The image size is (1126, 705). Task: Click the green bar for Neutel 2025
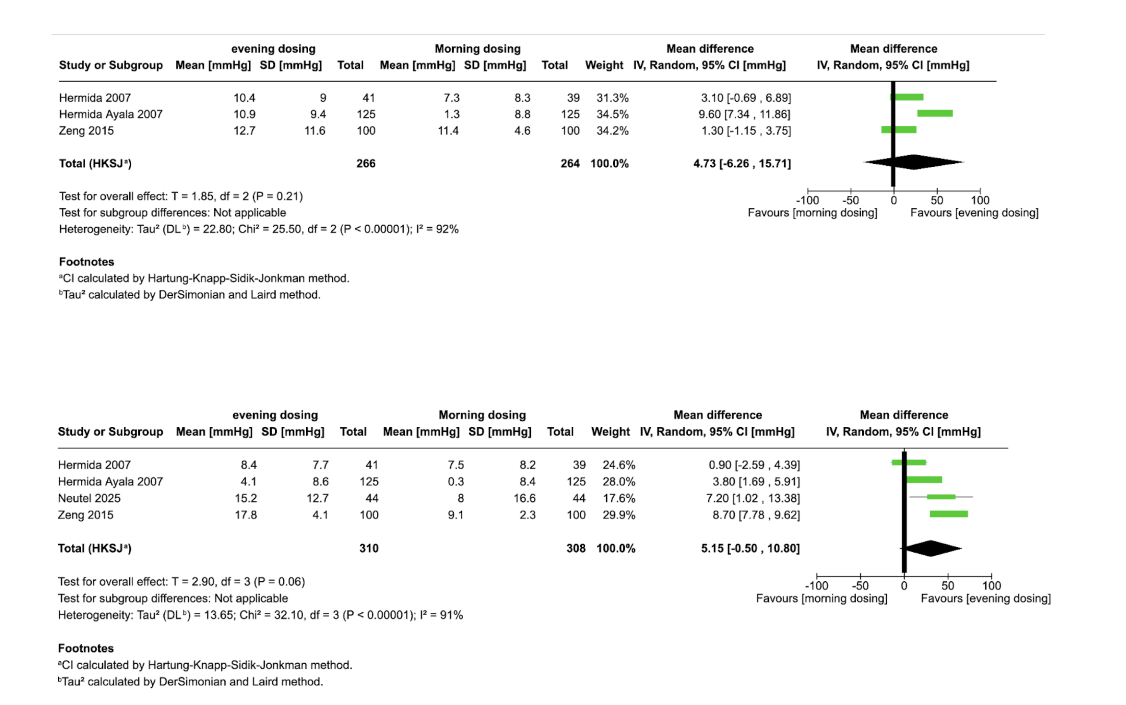(941, 497)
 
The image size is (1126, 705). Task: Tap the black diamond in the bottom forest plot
(931, 548)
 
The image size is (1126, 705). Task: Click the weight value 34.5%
(612, 114)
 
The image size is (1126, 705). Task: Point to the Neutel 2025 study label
(89, 498)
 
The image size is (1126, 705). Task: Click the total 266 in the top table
(366, 164)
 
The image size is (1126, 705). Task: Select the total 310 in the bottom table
(369, 548)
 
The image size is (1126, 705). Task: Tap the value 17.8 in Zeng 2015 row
(245, 515)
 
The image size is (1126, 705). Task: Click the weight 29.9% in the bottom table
(619, 515)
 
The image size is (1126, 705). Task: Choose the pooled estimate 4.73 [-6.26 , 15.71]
(742, 164)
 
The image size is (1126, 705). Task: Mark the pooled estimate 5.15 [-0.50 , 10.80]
(750, 548)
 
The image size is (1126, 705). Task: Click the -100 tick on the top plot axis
(807, 200)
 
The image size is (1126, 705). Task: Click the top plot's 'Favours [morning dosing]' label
(812, 213)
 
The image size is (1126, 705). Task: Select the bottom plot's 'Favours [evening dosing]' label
(985, 599)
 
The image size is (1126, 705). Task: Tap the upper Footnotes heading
(87, 262)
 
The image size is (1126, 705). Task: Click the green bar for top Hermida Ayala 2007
(934, 113)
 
